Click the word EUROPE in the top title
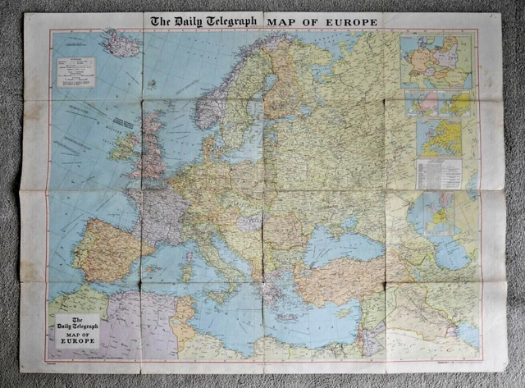[347, 21]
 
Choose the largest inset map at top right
[436, 61]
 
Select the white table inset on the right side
[439, 173]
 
